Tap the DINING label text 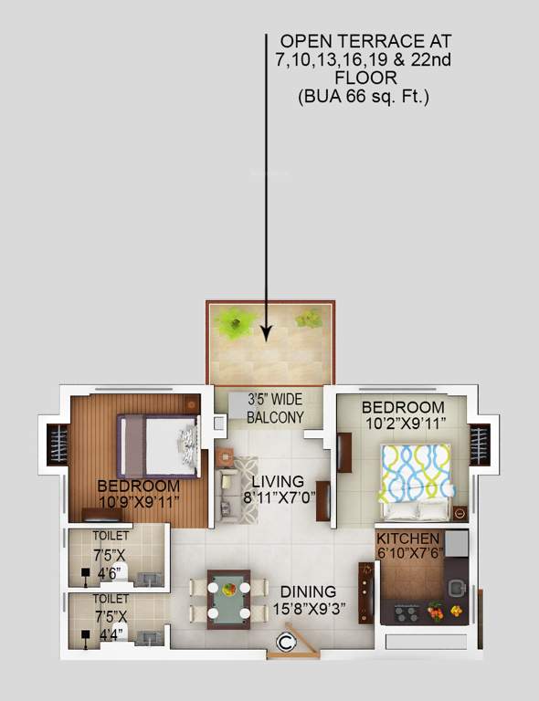point(308,591)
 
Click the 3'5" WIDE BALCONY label point(275,408)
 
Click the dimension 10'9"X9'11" point(139,501)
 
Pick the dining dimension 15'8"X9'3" point(308,609)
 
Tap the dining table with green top point(228,599)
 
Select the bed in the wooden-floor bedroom point(157,445)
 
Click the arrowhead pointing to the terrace point(266,334)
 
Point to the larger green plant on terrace point(236,323)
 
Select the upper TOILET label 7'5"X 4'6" point(111,555)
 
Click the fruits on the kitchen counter point(445,611)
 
